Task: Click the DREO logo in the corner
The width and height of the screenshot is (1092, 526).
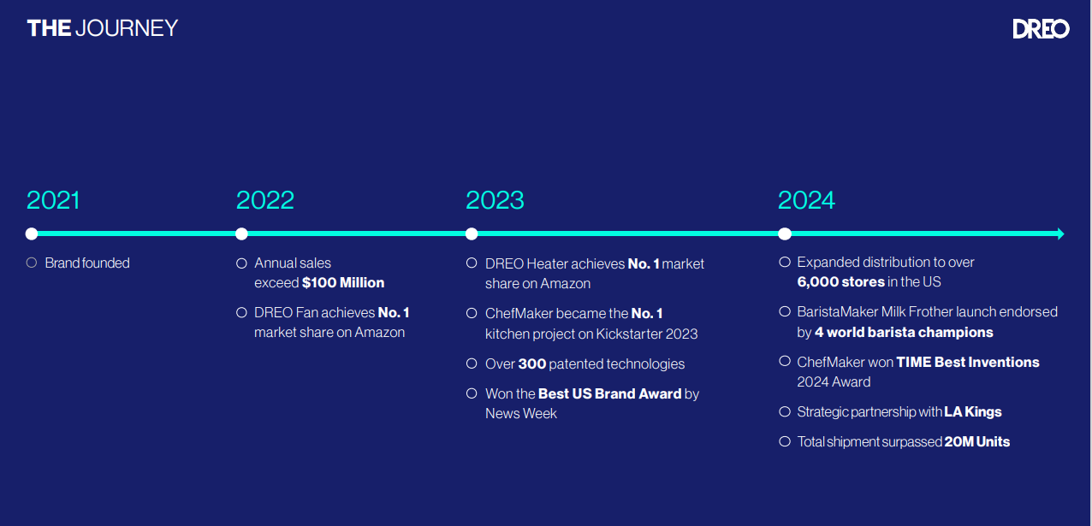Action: coord(1041,29)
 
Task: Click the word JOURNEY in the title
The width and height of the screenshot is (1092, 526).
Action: coord(127,28)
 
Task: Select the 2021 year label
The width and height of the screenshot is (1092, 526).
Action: coord(53,200)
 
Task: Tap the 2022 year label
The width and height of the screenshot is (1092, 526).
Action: coord(265,200)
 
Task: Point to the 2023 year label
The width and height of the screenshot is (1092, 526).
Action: coord(495,200)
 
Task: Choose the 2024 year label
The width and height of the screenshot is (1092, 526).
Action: coord(806,200)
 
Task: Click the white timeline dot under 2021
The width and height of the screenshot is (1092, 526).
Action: coord(32,233)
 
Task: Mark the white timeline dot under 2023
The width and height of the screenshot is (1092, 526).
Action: coord(472,233)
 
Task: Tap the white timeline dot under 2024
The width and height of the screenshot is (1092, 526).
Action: coord(785,233)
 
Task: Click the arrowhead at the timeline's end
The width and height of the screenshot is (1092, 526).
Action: coord(1061,233)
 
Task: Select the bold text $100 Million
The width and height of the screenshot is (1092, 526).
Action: coord(343,283)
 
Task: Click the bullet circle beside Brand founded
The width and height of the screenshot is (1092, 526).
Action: coord(32,263)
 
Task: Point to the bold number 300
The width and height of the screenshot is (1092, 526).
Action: coord(531,363)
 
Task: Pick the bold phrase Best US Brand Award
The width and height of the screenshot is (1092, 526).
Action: coord(610,393)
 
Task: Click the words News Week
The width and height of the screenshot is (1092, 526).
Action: coord(520,413)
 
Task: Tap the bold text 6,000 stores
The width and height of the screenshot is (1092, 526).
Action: coord(841,282)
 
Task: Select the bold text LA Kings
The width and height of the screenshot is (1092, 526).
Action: coord(973,412)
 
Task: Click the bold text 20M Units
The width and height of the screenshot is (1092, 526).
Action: coord(977,441)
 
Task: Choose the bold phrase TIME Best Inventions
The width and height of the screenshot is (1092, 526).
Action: coord(968,363)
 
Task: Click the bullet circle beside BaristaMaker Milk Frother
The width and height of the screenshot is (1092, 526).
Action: coord(785,311)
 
